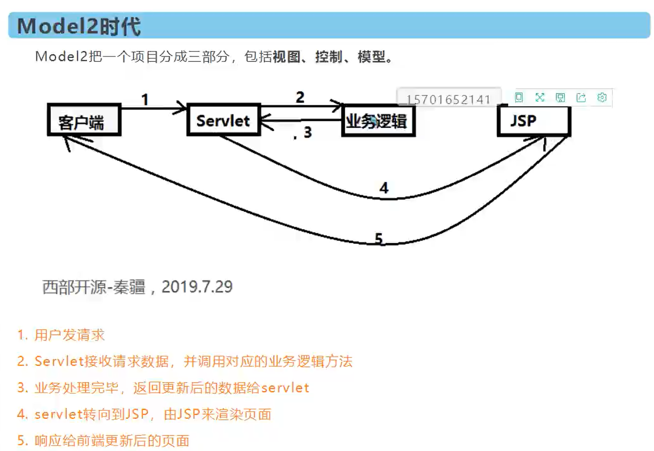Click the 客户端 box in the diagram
pos(84,121)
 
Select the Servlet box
pos(223,120)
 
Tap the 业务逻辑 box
pos(378,121)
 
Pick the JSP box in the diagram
pos(533,121)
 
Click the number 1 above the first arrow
pos(145,100)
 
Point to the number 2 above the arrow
pos(300,97)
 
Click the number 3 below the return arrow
pos(307,132)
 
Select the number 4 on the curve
pos(384,188)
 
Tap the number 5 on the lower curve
pos(379,238)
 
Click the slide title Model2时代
pos(79,26)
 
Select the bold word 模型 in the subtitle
pos(371,57)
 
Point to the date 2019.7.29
pos(197,287)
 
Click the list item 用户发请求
pos(69,335)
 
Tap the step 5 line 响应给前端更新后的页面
pos(111,441)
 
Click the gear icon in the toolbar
pos(602,98)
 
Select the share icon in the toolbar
pos(581,98)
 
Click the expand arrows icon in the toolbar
pos(540,98)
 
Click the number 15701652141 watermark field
pos(448,99)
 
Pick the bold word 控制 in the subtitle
pos(329,57)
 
